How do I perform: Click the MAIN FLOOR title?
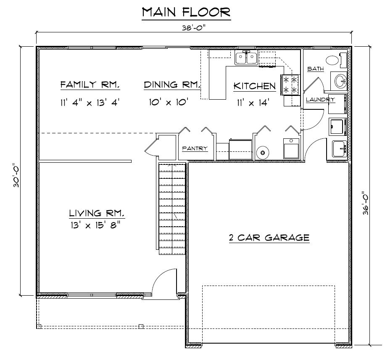(186, 13)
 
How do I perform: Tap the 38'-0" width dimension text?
(195, 28)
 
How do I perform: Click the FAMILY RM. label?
(90, 85)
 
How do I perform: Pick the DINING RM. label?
(171, 85)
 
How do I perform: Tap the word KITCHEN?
(255, 87)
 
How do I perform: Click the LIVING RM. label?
(97, 213)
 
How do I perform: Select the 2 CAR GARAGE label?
(269, 238)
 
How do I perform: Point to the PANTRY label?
(195, 148)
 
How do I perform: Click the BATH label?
(315, 69)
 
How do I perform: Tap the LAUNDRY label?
(320, 100)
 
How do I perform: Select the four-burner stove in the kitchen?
(291, 84)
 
